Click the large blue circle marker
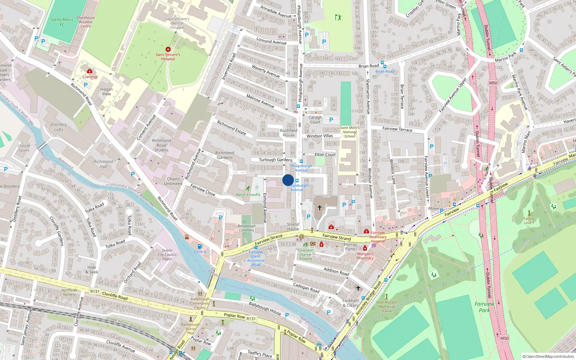[288, 180]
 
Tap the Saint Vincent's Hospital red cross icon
[168, 49]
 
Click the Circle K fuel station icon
[200, 246]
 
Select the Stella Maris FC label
[62, 22]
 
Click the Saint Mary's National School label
[350, 132]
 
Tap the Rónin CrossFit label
[248, 194]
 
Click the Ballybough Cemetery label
[247, 228]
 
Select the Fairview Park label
[484, 307]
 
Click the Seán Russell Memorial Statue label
[386, 306]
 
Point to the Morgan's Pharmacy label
[365, 256]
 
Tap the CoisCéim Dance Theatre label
[306, 254]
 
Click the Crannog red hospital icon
[90, 71]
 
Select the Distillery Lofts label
[59, 127]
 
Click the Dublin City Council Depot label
[167, 255]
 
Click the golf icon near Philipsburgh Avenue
[338, 17]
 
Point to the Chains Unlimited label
[173, 181]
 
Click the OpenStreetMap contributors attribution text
[549, 356]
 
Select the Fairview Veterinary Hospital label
[378, 237]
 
